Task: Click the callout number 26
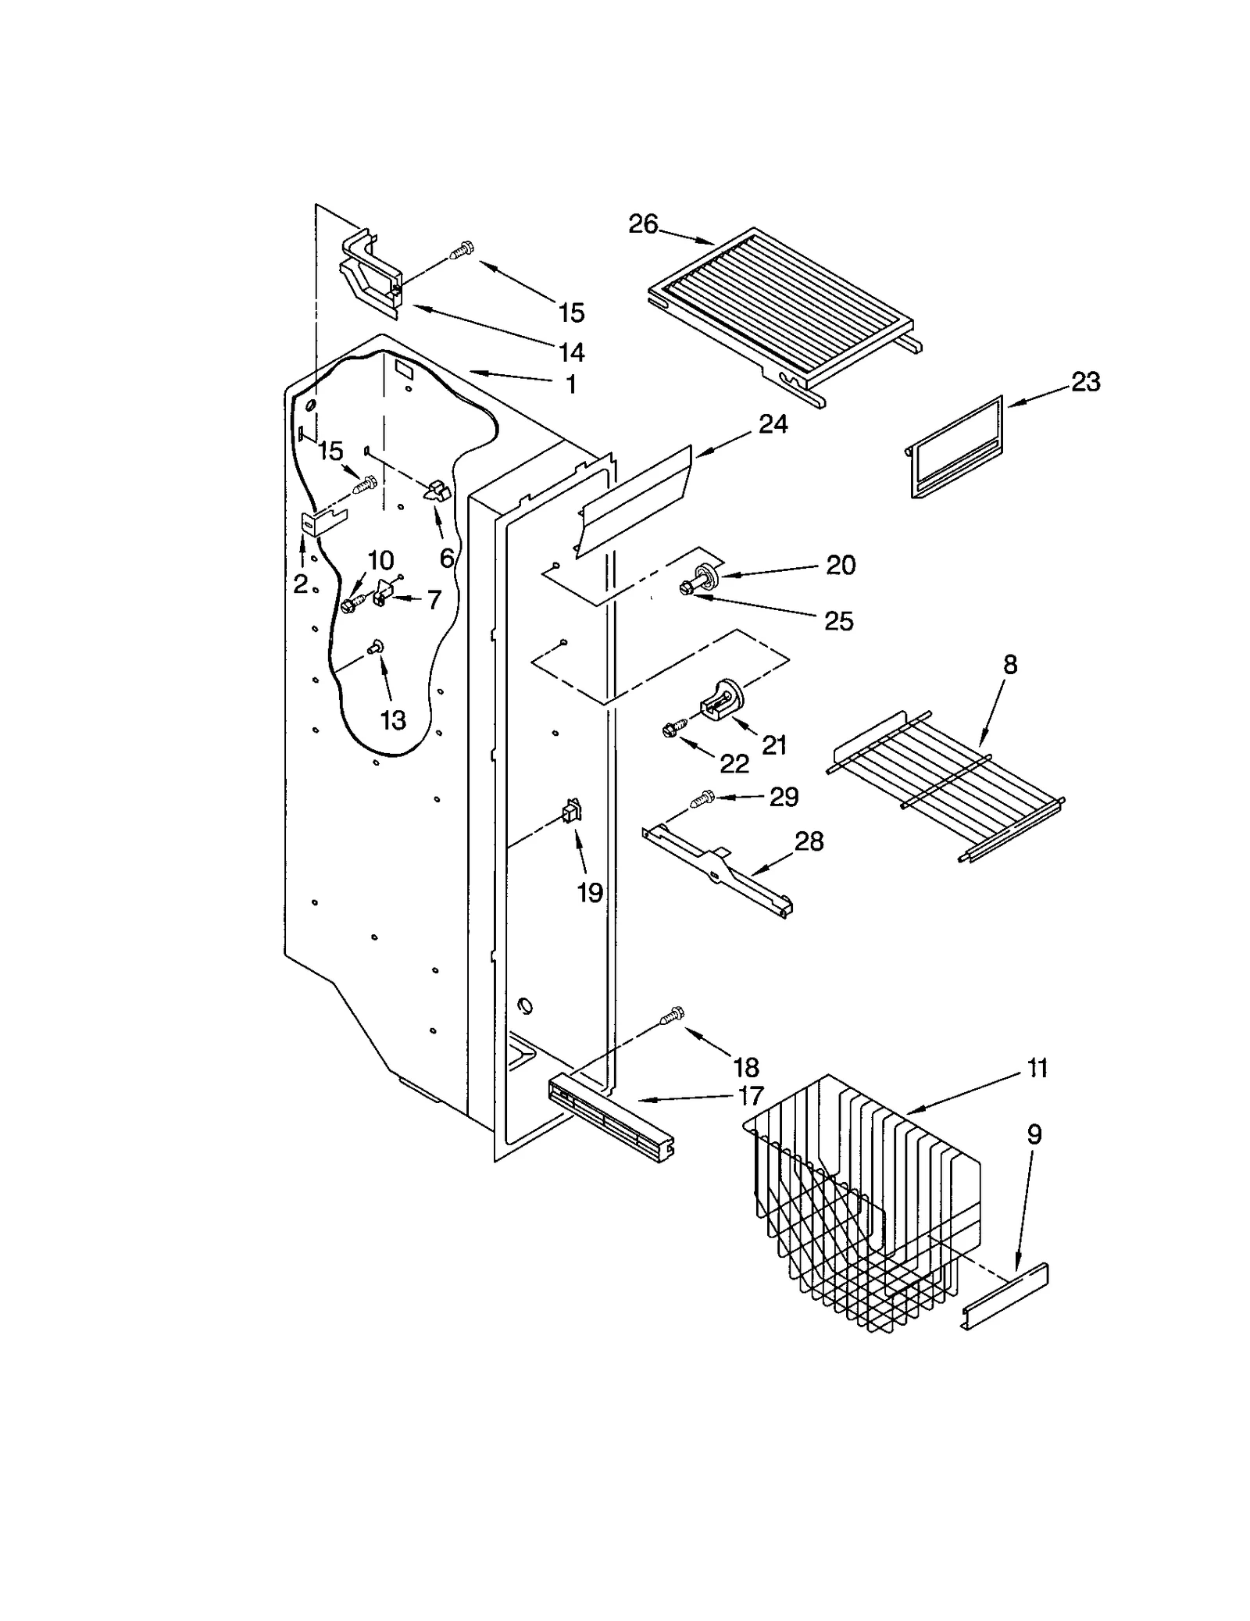tap(643, 224)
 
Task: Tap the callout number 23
tap(1085, 382)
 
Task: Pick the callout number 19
tap(590, 892)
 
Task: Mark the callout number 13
tap(393, 720)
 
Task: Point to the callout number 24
tap(773, 424)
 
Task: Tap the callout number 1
tap(571, 384)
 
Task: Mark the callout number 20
tap(841, 565)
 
